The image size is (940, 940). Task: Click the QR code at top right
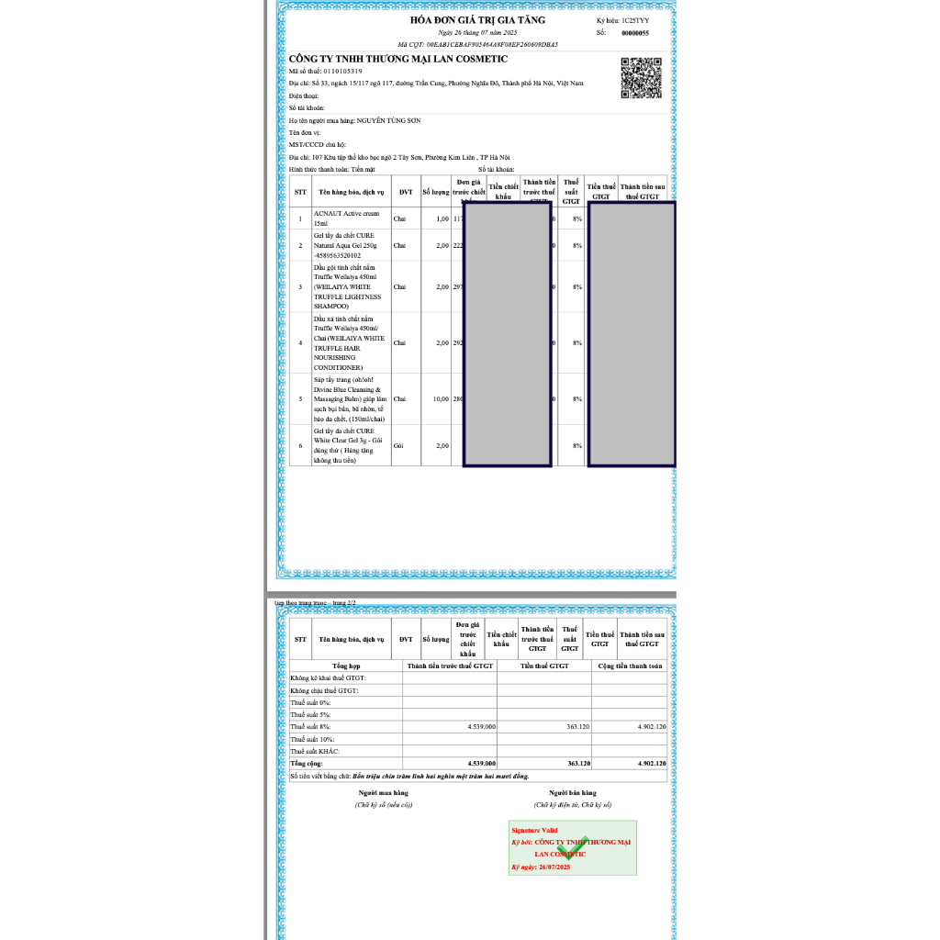coord(642,77)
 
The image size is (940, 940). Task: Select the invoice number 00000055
coord(635,33)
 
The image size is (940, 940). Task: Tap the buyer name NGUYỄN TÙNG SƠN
coord(389,120)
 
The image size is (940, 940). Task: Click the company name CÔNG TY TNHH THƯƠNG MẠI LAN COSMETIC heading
coord(397,59)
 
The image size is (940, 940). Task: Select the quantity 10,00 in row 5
coord(436,399)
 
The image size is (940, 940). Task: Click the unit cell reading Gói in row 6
coord(398,445)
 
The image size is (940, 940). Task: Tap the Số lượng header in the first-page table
coord(436,193)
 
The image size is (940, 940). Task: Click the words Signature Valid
coord(534,830)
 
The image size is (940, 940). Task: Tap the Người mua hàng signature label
coord(383,792)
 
